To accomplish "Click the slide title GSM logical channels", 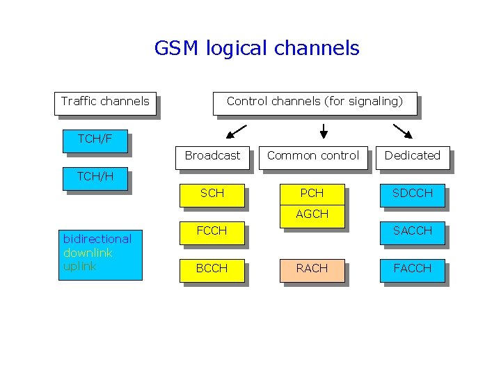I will pyautogui.click(x=257, y=48).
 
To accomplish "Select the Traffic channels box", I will pyautogui.click(x=105, y=102).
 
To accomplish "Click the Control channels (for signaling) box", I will pyautogui.click(x=315, y=102).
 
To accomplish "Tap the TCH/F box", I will pyautogui.click(x=95, y=139).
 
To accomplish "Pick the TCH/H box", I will pyautogui.click(x=96, y=177).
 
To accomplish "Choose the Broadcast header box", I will pyautogui.click(x=212, y=156).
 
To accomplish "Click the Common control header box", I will pyautogui.click(x=313, y=156).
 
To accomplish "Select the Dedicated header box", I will pyautogui.click(x=413, y=156).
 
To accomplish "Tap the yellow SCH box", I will pyautogui.click(x=212, y=194).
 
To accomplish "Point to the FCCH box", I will pyautogui.click(x=212, y=231).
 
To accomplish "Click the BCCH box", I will pyautogui.click(x=212, y=269).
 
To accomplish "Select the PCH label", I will pyautogui.click(x=312, y=193).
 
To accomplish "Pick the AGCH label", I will pyautogui.click(x=312, y=214).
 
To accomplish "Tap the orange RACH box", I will pyautogui.click(x=312, y=269).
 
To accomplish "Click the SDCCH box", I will pyautogui.click(x=413, y=194).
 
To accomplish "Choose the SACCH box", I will pyautogui.click(x=413, y=231).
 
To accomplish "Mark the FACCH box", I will pyautogui.click(x=413, y=269).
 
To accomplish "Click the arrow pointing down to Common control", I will pyautogui.click(x=324, y=131).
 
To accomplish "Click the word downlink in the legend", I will pyautogui.click(x=88, y=253).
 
